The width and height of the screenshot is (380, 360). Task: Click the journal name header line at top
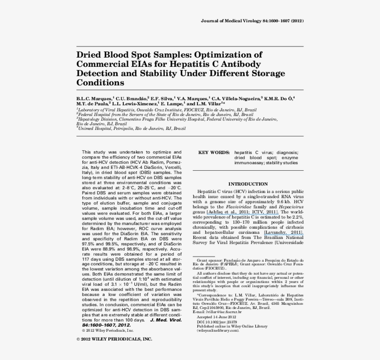252,21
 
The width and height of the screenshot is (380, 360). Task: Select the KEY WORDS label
214,152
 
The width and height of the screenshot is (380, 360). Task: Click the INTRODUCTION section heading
248,184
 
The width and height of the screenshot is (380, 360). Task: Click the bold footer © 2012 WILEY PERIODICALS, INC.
114,339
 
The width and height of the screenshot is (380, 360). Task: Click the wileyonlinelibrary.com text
218,331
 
